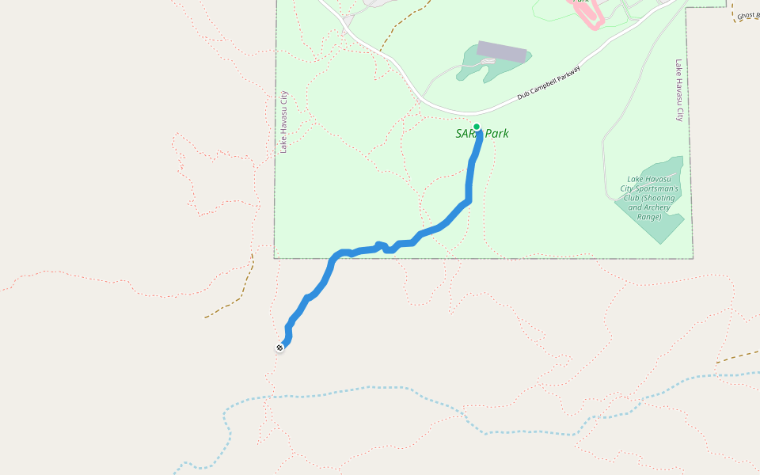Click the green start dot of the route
click(477, 127)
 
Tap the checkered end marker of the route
click(279, 348)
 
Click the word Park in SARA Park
click(496, 134)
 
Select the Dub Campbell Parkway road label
click(549, 82)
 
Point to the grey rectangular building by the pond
click(502, 51)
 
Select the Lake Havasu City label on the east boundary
click(678, 89)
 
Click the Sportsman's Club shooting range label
click(649, 198)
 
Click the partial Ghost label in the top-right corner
click(747, 15)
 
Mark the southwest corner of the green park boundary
click(275, 258)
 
